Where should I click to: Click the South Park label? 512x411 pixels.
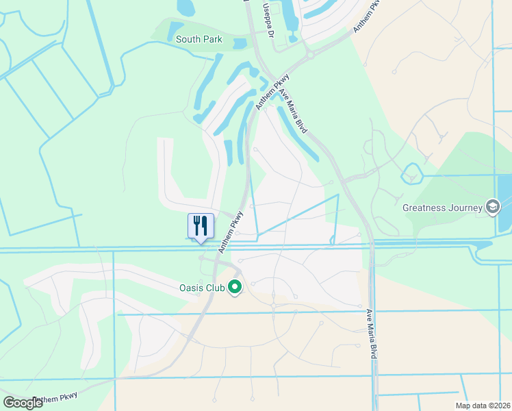pyautogui.click(x=199, y=39)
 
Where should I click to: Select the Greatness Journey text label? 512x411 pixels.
pyautogui.click(x=442, y=207)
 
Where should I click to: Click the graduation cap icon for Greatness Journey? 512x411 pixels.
pyautogui.click(x=491, y=206)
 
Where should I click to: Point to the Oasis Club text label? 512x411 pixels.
pyautogui.click(x=201, y=287)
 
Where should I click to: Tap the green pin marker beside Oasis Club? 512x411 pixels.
pyautogui.click(x=235, y=286)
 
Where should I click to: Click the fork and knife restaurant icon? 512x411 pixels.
pyautogui.click(x=201, y=225)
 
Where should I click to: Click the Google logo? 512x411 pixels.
pyautogui.click(x=22, y=403)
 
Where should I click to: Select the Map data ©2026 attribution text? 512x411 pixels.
pyautogui.click(x=483, y=406)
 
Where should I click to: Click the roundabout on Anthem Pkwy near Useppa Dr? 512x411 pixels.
pyautogui.click(x=309, y=54)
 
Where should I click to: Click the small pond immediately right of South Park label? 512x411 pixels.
pyautogui.click(x=239, y=44)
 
